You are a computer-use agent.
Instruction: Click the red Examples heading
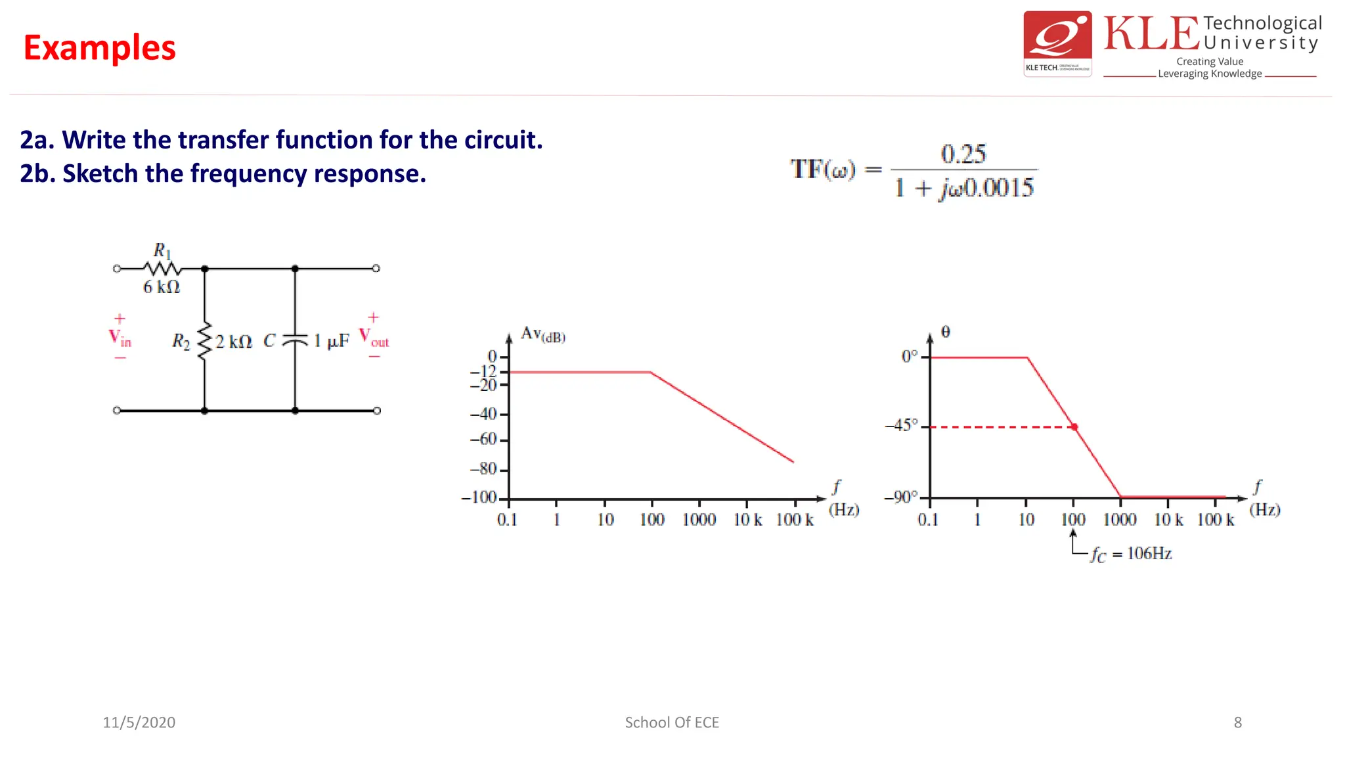(100, 48)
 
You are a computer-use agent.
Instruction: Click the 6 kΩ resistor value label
(162, 287)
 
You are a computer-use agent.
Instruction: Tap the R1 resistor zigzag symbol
(162, 268)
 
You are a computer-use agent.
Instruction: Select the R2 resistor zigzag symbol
(205, 340)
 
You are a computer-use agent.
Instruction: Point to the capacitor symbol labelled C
(295, 340)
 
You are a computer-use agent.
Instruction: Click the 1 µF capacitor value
(331, 340)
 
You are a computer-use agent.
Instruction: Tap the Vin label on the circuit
(120, 338)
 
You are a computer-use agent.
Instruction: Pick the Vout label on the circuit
(374, 338)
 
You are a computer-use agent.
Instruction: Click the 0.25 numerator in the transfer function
(963, 154)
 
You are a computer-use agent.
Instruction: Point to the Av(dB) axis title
(542, 334)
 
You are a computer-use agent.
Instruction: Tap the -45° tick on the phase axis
(902, 425)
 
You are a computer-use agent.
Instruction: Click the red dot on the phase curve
(1074, 427)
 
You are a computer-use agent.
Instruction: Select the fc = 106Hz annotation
(1131, 554)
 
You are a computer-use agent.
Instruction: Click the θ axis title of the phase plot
(946, 332)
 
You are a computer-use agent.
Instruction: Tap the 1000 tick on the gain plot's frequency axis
(699, 520)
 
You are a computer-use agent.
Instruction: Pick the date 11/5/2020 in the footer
(139, 722)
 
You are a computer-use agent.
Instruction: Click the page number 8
(1238, 722)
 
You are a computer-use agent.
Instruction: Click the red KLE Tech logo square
(1057, 43)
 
